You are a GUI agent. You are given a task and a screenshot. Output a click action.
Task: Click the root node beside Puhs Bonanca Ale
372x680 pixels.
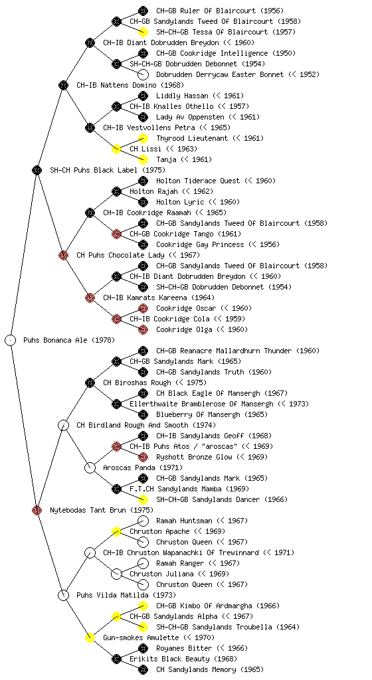click(x=11, y=340)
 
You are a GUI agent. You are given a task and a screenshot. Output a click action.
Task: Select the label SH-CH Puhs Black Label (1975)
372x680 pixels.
click(x=108, y=170)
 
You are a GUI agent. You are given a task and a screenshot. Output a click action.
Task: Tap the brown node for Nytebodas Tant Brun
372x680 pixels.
click(x=37, y=510)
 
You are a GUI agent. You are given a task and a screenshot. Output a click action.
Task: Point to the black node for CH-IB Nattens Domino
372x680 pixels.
click(x=63, y=85)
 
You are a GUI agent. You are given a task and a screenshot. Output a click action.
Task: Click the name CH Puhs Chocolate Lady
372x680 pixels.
click(x=120, y=255)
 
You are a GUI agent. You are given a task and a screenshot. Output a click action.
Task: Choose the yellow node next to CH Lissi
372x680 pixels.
click(x=116, y=149)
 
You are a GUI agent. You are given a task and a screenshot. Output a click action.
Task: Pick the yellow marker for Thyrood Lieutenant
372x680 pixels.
click(x=143, y=138)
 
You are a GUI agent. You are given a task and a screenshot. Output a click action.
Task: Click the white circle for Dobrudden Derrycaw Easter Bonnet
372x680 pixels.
click(x=143, y=74)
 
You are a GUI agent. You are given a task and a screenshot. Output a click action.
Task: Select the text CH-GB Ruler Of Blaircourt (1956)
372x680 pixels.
click(x=220, y=11)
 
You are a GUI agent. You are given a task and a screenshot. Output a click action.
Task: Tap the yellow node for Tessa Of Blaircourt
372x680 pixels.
click(x=143, y=32)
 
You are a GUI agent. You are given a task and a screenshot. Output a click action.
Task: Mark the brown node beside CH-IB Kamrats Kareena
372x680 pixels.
click(x=90, y=297)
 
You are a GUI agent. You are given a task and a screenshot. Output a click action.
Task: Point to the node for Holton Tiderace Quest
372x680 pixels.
click(x=143, y=181)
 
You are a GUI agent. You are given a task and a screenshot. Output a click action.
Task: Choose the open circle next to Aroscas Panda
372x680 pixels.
click(x=90, y=467)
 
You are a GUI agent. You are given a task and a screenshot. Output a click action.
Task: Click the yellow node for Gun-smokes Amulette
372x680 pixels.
click(x=90, y=637)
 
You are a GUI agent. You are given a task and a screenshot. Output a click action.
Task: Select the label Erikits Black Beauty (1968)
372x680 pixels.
click(x=183, y=659)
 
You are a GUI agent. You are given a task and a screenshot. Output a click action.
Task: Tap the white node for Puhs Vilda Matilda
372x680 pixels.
click(x=63, y=595)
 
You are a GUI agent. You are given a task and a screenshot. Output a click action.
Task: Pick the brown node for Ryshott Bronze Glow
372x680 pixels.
click(x=143, y=457)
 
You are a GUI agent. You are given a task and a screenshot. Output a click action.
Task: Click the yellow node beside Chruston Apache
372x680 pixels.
click(x=116, y=531)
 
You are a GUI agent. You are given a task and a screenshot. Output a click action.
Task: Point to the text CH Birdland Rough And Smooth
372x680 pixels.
click(x=132, y=425)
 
